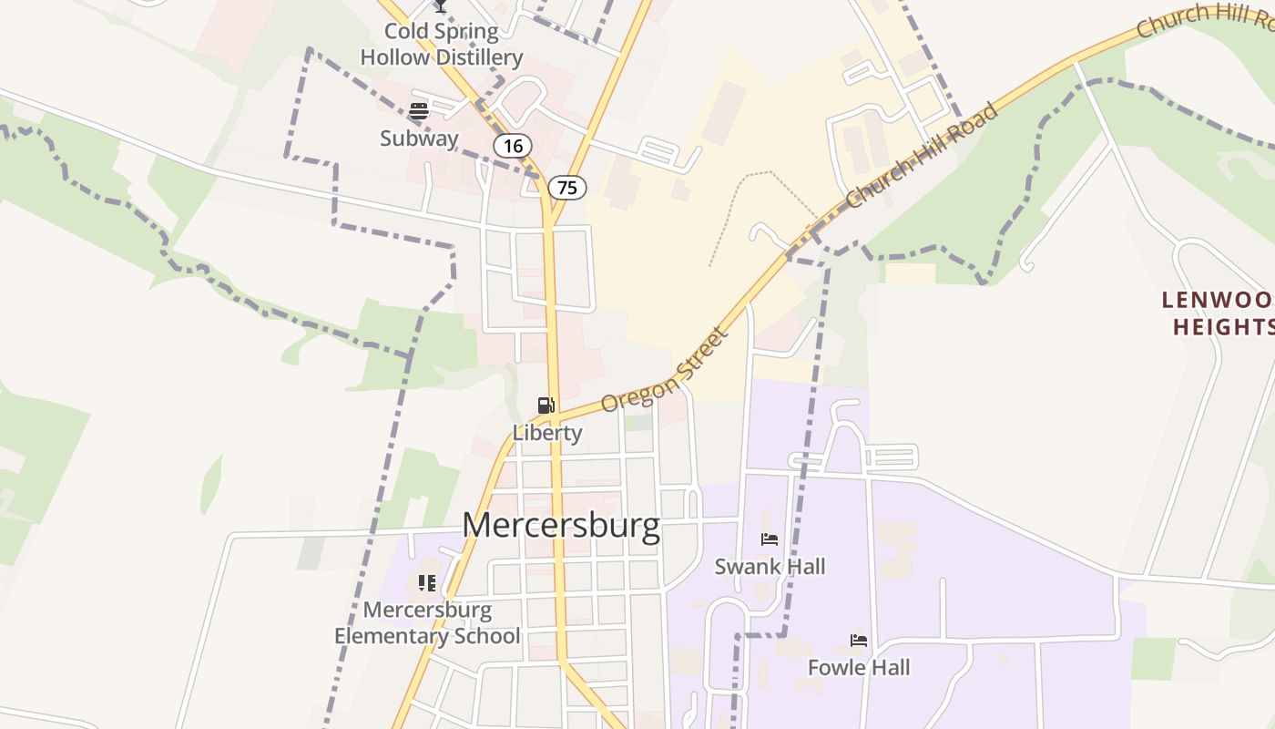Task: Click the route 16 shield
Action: [x=513, y=145]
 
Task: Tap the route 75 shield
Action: [x=567, y=188]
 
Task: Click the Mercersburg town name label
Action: [x=560, y=526]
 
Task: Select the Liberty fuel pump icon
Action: [x=546, y=406]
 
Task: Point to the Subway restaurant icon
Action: [x=419, y=112]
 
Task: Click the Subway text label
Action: [x=419, y=139]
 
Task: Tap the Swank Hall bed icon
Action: [x=770, y=539]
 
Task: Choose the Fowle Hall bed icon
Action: [x=859, y=641]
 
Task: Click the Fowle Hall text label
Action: [x=859, y=668]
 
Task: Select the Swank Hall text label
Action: [x=770, y=567]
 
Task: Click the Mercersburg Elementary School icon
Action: [x=427, y=583]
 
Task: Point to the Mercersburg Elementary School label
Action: [x=427, y=622]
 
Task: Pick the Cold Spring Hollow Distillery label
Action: [x=442, y=45]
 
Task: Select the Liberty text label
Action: [x=546, y=433]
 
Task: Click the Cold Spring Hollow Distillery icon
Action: [x=440, y=5]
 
